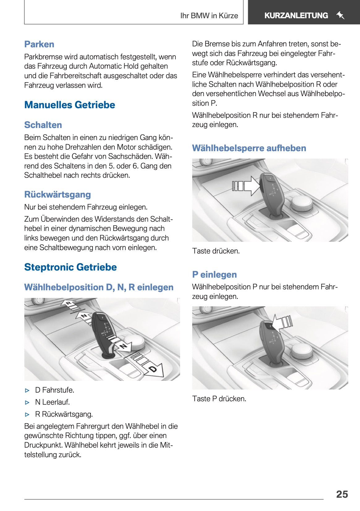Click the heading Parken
point(39,44)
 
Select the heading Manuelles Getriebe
point(70,105)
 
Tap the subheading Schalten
point(43,125)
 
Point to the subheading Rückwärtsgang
point(57,194)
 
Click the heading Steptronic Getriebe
point(70,267)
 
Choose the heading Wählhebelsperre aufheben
point(249,148)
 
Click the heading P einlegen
point(214,275)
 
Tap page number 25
point(342,494)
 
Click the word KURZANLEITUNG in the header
point(296,15)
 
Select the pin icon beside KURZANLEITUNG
point(340,15)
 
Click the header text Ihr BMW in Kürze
point(209,16)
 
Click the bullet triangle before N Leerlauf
point(28,402)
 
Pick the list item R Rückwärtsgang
point(64,414)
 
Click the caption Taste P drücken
point(219,399)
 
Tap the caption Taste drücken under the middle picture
point(216,251)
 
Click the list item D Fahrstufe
point(54,390)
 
